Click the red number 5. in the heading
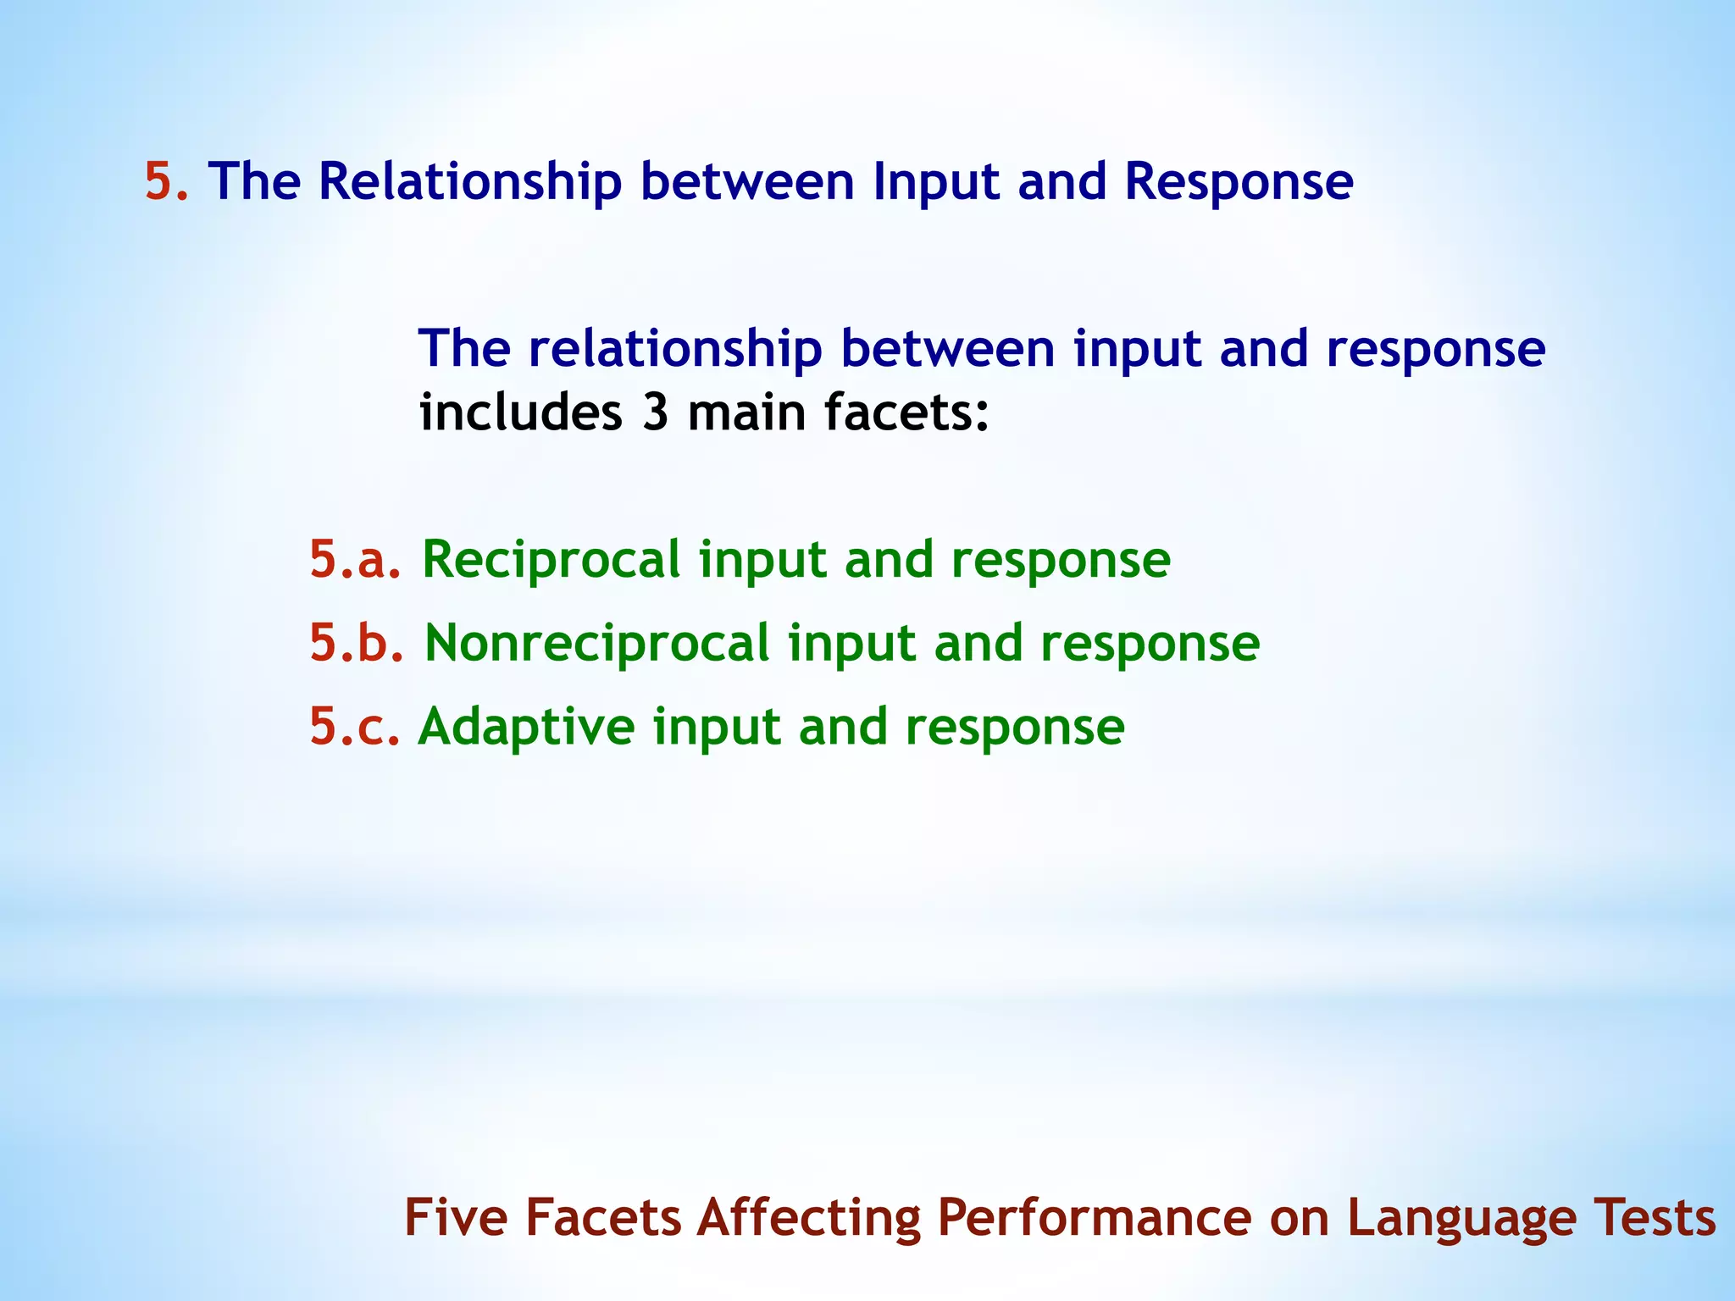(x=166, y=181)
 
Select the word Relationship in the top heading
(x=469, y=181)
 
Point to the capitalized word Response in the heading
(x=1239, y=181)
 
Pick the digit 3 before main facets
(x=655, y=412)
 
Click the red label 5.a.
(x=355, y=560)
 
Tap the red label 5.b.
(x=357, y=643)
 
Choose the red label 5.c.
(x=354, y=727)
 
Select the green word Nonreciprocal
(x=596, y=643)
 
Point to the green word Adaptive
(x=526, y=727)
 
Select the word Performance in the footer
(x=1094, y=1218)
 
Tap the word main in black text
(x=746, y=412)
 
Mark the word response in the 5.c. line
(x=1014, y=727)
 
